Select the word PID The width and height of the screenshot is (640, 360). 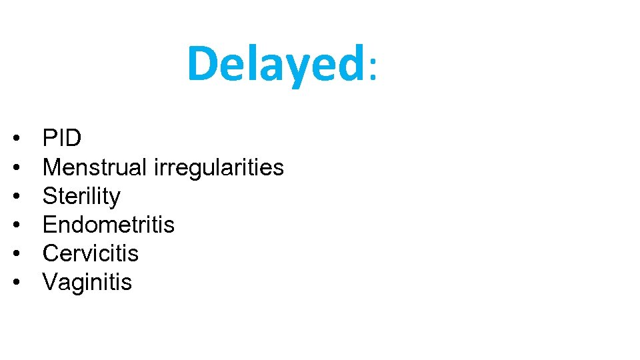[x=62, y=139]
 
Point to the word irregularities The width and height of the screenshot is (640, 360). [x=219, y=168]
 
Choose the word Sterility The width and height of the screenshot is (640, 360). [x=81, y=197]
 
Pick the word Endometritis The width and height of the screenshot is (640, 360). [x=108, y=225]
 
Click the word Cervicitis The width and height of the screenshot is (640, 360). [x=91, y=253]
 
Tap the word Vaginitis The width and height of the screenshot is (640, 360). [x=87, y=283]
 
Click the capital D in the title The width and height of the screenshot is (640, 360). [x=202, y=64]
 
